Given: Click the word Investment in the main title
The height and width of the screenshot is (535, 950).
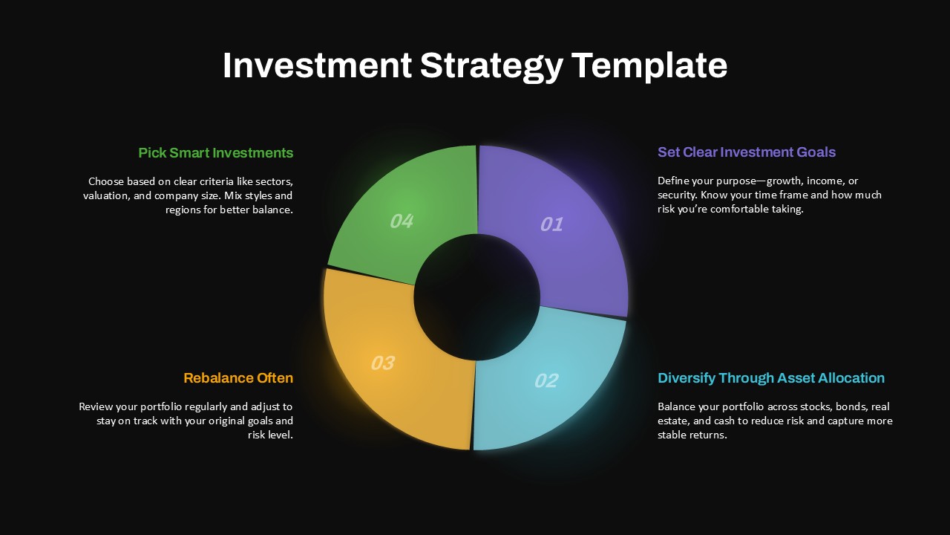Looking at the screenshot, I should tap(317, 65).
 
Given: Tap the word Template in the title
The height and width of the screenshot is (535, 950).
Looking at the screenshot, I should tap(649, 65).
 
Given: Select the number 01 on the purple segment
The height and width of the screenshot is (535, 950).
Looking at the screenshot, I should tap(551, 224).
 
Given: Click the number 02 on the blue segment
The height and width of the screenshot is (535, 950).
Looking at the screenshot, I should tap(546, 381).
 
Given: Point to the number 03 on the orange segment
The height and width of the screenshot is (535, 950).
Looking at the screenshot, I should tap(382, 363).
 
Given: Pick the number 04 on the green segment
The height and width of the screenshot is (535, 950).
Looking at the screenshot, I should tap(402, 221).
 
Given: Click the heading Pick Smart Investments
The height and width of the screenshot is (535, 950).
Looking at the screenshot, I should tap(216, 153).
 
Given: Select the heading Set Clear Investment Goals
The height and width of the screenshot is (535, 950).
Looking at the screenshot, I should tap(747, 152).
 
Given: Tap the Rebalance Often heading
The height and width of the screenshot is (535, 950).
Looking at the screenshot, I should tap(238, 378).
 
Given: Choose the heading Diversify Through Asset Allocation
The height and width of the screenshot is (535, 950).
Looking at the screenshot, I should tap(771, 378).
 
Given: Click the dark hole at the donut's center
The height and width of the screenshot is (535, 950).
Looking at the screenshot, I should tap(476, 296).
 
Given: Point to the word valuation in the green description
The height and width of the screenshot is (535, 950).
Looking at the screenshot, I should tap(108, 196).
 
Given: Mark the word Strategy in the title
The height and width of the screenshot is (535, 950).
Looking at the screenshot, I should tap(491, 65).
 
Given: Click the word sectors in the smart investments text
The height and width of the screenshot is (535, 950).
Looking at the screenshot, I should tap(274, 182).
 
